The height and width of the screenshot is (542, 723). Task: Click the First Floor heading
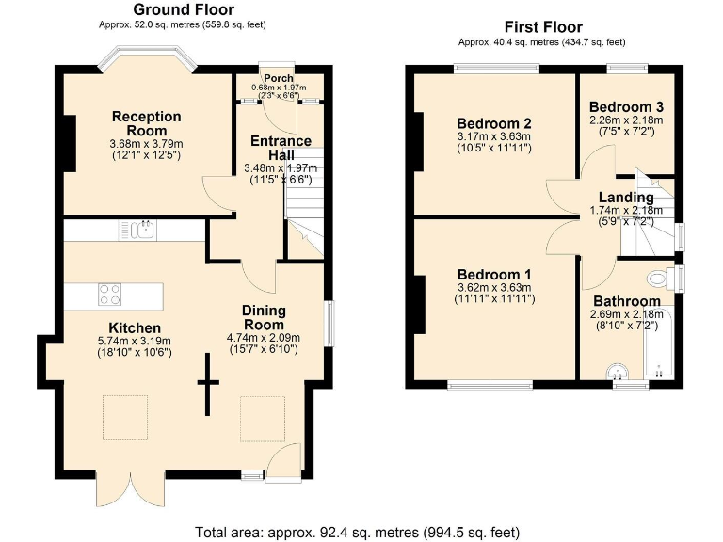click(543, 27)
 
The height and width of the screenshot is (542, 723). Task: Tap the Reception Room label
click(146, 123)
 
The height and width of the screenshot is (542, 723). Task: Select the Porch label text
click(278, 78)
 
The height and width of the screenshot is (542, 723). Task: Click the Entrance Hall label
click(280, 148)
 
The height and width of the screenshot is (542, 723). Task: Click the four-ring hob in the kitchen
click(110, 295)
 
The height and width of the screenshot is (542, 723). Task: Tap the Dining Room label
click(263, 317)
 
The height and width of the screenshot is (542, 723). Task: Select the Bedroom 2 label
click(494, 123)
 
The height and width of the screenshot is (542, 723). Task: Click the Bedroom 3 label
click(625, 106)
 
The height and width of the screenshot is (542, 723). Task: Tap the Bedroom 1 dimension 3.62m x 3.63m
click(494, 287)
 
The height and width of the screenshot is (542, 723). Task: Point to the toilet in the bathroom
click(663, 279)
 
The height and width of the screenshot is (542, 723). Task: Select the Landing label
click(625, 197)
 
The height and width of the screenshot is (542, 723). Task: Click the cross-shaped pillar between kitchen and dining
click(207, 383)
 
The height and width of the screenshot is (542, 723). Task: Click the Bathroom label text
click(625, 301)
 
